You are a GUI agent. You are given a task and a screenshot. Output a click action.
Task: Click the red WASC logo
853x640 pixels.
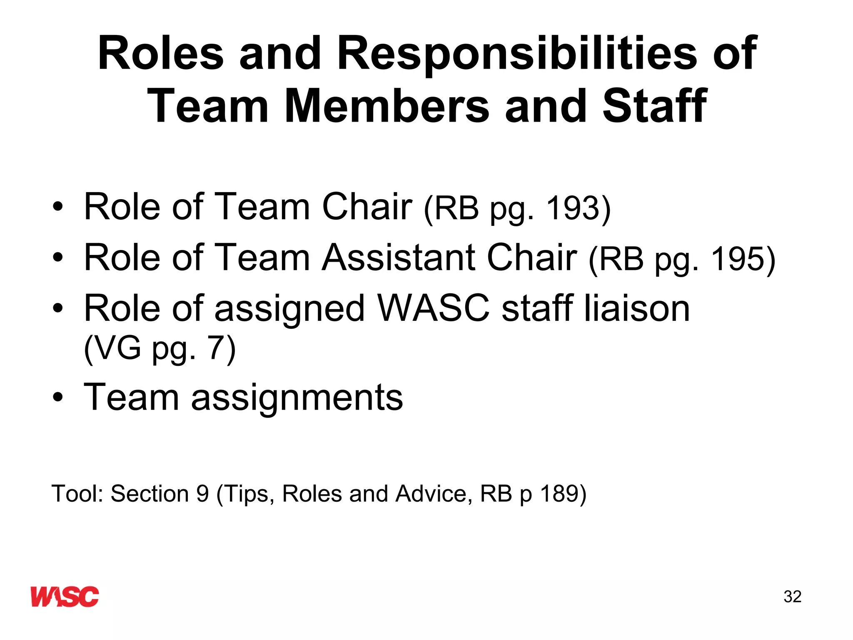(x=65, y=596)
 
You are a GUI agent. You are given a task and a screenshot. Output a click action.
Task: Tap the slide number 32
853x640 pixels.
(x=792, y=597)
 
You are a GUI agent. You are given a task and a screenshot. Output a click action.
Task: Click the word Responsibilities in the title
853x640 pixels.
(x=517, y=54)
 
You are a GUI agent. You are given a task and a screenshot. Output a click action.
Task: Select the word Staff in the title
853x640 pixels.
(x=654, y=107)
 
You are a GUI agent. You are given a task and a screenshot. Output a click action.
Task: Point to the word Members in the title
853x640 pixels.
(x=387, y=107)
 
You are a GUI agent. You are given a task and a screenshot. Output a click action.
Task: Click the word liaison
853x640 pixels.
(x=637, y=309)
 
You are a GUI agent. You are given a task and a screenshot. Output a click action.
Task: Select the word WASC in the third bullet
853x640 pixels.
(x=433, y=309)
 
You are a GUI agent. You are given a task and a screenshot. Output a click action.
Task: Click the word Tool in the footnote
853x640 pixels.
(x=77, y=494)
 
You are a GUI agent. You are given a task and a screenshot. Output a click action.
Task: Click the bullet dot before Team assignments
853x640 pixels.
(x=58, y=397)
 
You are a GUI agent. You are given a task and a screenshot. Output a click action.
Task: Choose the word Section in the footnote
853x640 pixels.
(x=150, y=494)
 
